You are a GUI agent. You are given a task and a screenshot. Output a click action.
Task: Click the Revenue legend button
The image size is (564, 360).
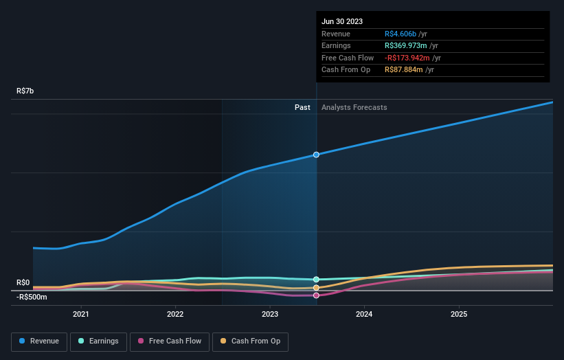click(39, 341)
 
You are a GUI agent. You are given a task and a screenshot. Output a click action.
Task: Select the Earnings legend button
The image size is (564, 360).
click(98, 341)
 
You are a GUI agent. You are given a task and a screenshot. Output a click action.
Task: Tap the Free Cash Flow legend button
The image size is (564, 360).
click(169, 341)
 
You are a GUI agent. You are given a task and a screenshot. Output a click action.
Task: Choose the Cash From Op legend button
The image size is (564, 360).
click(249, 341)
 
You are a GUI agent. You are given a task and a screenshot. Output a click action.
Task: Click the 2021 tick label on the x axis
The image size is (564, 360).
click(81, 314)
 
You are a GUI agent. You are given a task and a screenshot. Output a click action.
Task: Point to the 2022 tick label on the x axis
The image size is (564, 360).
click(175, 314)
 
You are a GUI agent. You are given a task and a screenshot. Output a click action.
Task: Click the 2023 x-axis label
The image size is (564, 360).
click(270, 314)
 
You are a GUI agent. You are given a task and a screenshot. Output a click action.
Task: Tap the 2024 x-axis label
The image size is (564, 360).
click(364, 314)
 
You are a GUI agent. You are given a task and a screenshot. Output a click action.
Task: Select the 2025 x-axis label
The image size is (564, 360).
click(459, 314)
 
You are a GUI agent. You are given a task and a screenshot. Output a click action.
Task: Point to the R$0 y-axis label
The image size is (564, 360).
click(23, 282)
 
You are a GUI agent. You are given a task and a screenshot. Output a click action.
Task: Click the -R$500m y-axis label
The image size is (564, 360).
click(32, 297)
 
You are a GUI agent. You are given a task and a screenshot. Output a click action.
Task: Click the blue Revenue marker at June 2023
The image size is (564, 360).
click(316, 155)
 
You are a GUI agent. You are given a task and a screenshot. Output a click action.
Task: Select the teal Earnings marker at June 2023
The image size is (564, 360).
click(316, 280)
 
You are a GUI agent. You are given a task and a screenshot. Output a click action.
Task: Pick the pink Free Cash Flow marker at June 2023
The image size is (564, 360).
click(316, 295)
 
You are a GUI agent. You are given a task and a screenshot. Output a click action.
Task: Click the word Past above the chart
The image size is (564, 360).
click(302, 107)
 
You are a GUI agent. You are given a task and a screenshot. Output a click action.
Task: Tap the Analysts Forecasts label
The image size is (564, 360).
click(354, 107)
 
